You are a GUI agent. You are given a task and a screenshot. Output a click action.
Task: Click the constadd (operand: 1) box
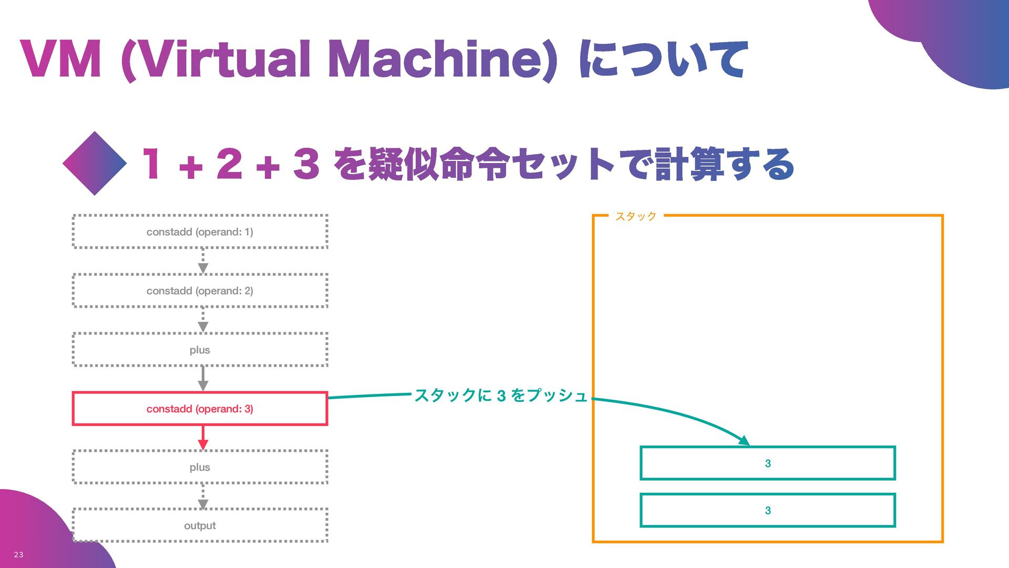pyautogui.click(x=200, y=231)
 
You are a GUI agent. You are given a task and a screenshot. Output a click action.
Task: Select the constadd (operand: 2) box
pyautogui.click(x=200, y=290)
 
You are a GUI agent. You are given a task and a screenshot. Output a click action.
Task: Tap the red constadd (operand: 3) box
pyautogui.click(x=200, y=409)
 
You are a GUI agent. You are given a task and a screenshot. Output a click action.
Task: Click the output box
pyautogui.click(x=200, y=525)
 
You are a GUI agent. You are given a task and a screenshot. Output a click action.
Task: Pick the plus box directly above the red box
pyautogui.click(x=200, y=350)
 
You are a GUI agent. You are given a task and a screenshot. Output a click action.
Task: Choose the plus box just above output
pyautogui.click(x=200, y=467)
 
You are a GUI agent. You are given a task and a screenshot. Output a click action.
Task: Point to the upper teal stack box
pyautogui.click(x=767, y=463)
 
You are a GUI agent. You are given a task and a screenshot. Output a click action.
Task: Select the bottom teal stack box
pyautogui.click(x=767, y=510)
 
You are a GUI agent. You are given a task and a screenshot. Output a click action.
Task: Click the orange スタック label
pyautogui.click(x=636, y=216)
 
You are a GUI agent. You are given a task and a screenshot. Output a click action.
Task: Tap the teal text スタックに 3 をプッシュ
pyautogui.click(x=500, y=395)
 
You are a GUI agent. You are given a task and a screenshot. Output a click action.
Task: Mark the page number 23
pyautogui.click(x=18, y=554)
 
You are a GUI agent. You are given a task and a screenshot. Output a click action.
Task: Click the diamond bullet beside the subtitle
pyautogui.click(x=95, y=164)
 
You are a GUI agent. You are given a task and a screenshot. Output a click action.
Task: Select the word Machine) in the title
pyautogui.click(x=441, y=60)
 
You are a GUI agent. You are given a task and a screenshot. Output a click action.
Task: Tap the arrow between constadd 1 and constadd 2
pyautogui.click(x=203, y=261)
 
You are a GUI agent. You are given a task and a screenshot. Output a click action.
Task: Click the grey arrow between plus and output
pyautogui.click(x=203, y=496)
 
